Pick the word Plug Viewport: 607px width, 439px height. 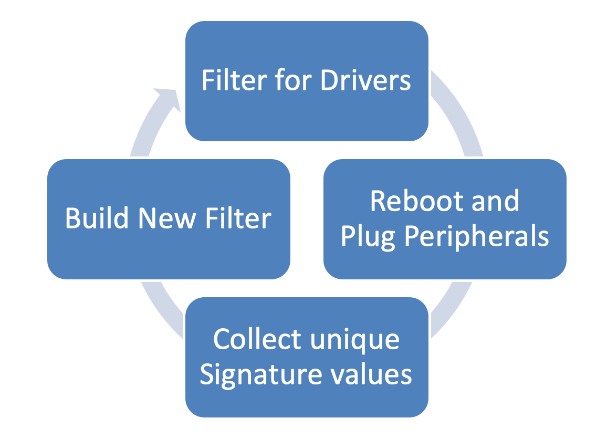pyautogui.click(x=368, y=237)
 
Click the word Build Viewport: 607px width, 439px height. pyautogui.click(x=97, y=218)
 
